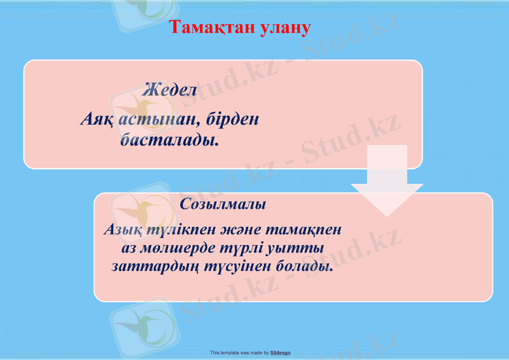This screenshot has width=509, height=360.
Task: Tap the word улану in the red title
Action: [x=285, y=28]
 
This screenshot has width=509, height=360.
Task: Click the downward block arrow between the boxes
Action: [x=387, y=181]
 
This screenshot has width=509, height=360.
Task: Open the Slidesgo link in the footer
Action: [x=281, y=352]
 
